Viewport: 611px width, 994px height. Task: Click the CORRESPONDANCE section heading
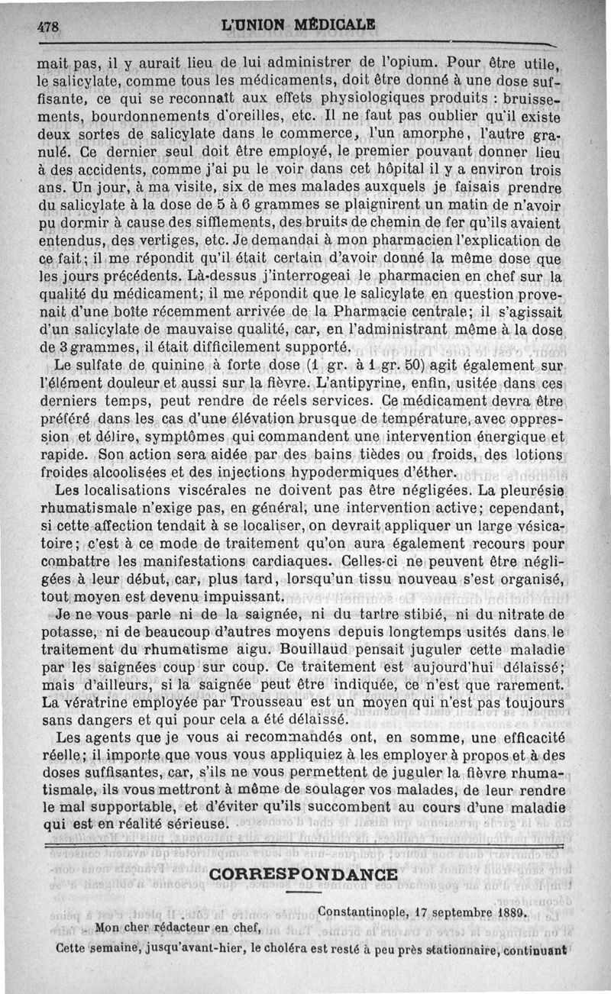[302, 875]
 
